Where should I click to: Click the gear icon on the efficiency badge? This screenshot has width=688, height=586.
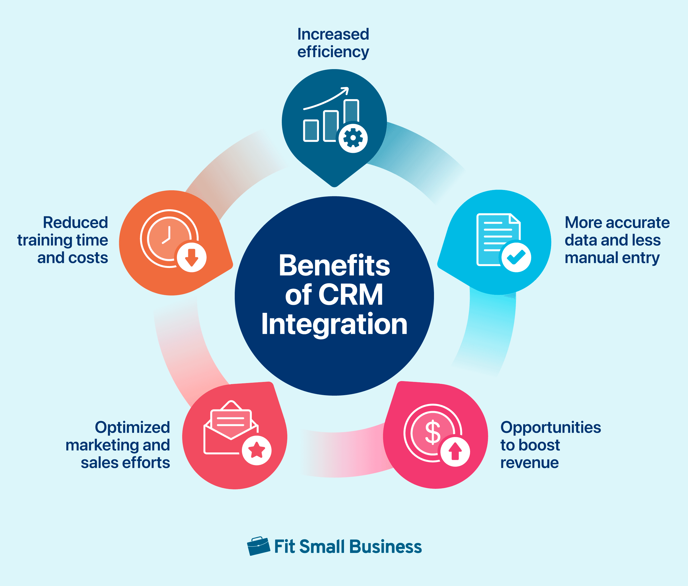353,138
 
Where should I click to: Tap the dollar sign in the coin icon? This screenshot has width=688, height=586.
433,433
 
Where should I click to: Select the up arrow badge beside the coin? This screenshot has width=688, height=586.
455,451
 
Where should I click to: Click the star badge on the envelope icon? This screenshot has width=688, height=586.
256,451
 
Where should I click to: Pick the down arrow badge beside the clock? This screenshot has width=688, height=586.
192,257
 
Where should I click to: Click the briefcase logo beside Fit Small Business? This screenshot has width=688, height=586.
258,546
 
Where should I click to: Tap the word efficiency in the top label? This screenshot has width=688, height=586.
333,52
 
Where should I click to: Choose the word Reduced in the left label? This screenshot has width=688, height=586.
75,223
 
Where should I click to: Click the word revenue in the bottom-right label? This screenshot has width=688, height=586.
529,463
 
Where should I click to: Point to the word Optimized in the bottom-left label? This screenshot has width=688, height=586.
132,428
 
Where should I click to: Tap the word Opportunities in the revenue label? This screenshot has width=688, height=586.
550,428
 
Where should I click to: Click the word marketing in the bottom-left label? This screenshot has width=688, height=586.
102,446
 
